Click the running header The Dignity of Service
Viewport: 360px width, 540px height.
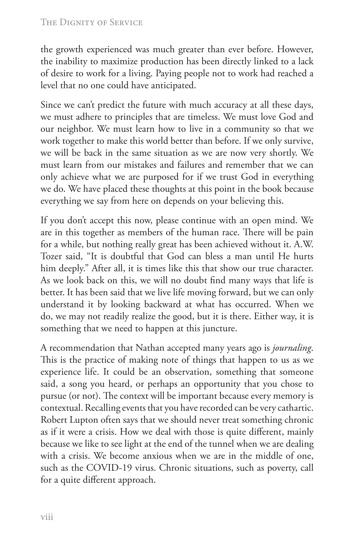click(91, 22)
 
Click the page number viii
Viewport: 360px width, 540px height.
click(47, 516)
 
